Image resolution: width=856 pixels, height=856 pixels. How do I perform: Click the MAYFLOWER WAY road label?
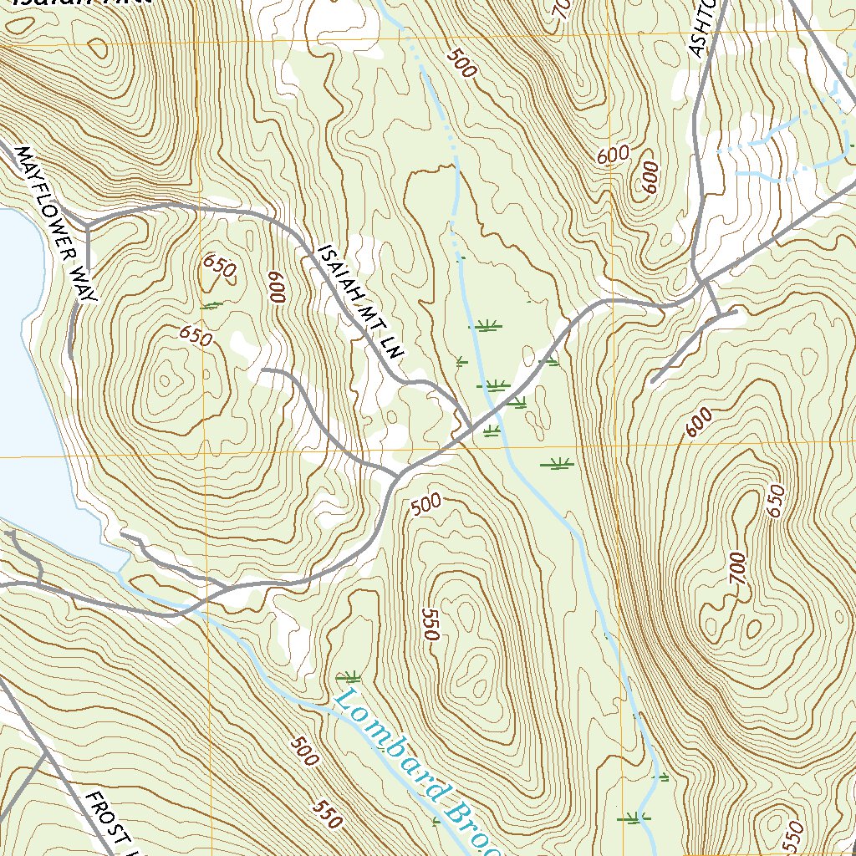coord(57,224)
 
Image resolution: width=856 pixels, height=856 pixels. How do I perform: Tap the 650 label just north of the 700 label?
coord(777,501)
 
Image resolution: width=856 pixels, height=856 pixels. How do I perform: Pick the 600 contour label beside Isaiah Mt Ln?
coord(278,287)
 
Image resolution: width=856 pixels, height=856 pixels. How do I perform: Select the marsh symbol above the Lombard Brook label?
coord(347,675)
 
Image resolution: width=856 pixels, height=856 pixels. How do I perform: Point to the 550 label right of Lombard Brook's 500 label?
coord(329,815)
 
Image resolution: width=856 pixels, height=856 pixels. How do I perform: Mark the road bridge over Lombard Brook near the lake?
coord(197,604)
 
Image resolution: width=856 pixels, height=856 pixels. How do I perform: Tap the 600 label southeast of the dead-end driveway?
coord(700,421)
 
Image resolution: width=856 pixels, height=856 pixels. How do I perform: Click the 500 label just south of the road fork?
coord(425,503)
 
